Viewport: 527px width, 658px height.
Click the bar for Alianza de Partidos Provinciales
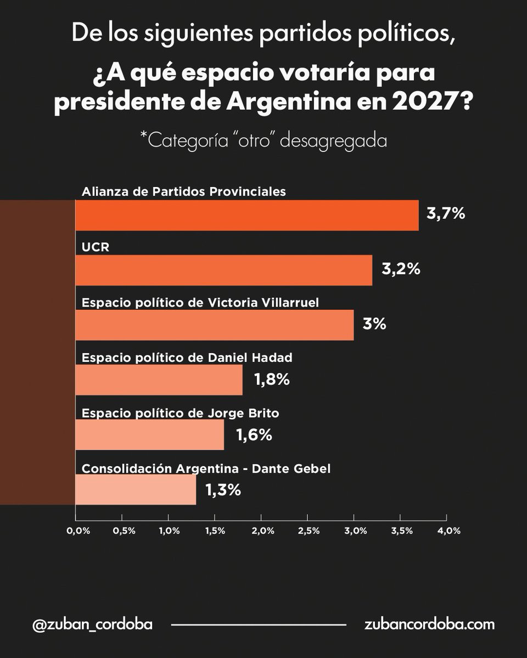(x=247, y=215)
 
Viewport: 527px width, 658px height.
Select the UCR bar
(x=224, y=270)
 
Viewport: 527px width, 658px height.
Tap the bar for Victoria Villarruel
(x=214, y=325)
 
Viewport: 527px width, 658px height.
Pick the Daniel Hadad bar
(x=159, y=380)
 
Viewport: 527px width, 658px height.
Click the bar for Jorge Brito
(x=149, y=434)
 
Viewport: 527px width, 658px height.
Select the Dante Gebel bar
(x=136, y=489)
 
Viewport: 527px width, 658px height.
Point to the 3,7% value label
(x=446, y=213)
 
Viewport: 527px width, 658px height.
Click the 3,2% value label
(x=401, y=269)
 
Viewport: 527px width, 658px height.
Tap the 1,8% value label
(x=272, y=379)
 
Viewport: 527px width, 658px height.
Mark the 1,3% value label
(x=223, y=490)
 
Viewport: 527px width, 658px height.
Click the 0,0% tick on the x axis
(x=79, y=531)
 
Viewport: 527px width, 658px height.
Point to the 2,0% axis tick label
(x=263, y=531)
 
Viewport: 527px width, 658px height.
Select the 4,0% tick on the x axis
(x=449, y=531)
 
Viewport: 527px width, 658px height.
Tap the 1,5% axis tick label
(x=215, y=531)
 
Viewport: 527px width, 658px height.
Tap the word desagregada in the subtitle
(x=333, y=141)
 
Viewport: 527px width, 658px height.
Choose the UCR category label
(x=96, y=247)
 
